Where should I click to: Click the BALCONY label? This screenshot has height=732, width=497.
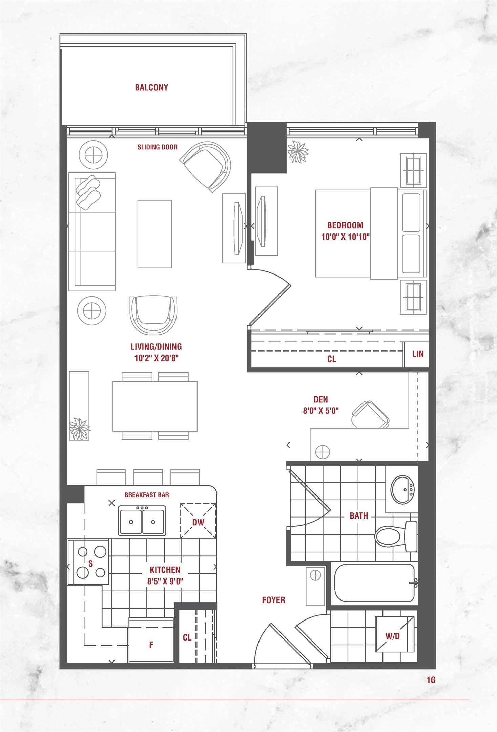(151, 87)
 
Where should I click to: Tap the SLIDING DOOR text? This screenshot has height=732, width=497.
(158, 147)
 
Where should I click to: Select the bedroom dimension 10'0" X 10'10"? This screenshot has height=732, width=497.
(345, 237)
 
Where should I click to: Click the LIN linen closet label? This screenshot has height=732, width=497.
(418, 354)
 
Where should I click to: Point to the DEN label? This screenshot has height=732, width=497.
(320, 399)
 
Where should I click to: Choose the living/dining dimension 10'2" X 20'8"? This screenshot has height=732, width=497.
(156, 358)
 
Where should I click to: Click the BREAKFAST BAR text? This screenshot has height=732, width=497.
(147, 495)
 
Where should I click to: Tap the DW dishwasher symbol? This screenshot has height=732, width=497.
(198, 522)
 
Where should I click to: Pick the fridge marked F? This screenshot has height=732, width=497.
(151, 639)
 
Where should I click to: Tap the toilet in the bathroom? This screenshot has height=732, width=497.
(396, 536)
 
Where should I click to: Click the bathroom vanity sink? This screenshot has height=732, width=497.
(402, 490)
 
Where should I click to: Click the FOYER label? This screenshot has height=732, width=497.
(273, 600)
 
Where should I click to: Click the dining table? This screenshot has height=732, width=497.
(155, 406)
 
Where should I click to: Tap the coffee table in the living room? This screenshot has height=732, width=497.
(155, 234)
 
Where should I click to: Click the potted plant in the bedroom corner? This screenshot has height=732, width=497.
(298, 152)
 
